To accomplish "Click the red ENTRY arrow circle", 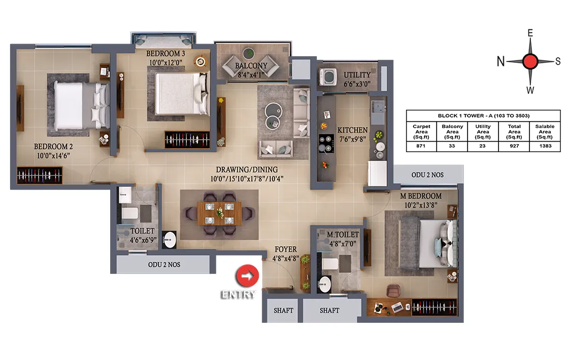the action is (247, 276).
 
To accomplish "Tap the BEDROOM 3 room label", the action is (165, 54).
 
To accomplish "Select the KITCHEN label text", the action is (352, 130).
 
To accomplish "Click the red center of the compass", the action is (530, 61).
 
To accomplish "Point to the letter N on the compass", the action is (501, 61).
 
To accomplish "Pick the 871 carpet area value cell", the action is (421, 146).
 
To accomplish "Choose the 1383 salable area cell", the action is (545, 146).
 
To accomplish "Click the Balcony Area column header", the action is (452, 132).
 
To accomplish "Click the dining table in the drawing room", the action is (219, 214).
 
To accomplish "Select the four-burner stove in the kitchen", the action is (326, 144).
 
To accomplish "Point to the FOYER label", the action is (285, 249).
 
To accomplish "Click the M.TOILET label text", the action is (343, 235).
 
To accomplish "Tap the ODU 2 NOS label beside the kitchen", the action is (428, 175).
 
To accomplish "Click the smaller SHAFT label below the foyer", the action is (283, 311).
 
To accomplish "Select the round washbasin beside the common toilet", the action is (169, 240).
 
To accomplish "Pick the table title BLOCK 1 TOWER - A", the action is (483, 115).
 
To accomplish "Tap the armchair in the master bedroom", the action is (394, 291).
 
